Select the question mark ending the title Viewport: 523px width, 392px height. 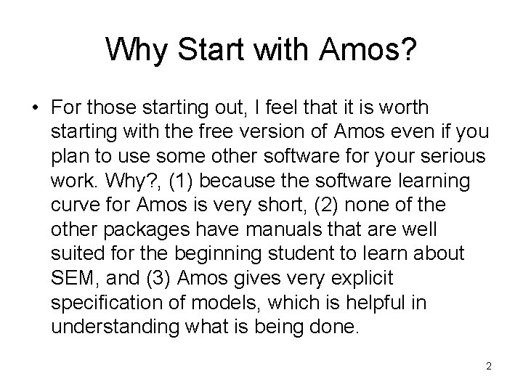(410, 49)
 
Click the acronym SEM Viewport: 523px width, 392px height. (73, 278)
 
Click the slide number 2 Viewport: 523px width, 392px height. (489, 367)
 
